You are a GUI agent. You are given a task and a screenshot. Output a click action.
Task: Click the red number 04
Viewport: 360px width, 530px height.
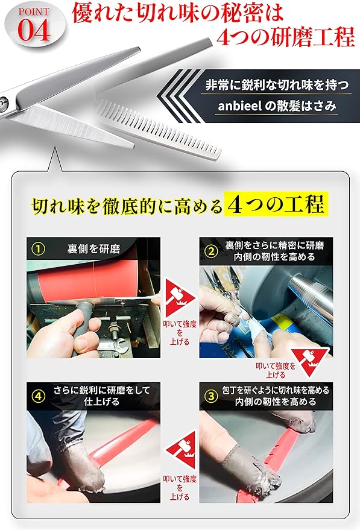[34, 30]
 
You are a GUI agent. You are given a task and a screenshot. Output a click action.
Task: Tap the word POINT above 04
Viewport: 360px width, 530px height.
[34, 12]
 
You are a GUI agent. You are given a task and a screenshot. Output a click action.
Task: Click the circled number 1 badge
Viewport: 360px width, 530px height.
[38, 249]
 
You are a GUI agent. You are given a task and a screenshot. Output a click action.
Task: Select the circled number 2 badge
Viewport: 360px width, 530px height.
[211, 251]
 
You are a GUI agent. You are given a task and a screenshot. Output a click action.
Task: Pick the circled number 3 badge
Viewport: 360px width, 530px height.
[211, 396]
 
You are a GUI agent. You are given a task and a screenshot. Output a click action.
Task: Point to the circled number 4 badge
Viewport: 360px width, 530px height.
[38, 396]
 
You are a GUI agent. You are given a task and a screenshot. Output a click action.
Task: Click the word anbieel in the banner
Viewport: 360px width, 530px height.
[239, 106]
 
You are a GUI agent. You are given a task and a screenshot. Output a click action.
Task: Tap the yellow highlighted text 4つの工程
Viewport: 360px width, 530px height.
[276, 204]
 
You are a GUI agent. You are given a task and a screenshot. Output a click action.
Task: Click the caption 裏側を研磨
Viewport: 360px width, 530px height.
[93, 249]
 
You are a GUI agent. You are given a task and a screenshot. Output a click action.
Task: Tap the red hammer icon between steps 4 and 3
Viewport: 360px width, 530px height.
[181, 450]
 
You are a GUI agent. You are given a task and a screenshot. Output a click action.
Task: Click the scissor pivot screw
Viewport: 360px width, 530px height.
[2, 102]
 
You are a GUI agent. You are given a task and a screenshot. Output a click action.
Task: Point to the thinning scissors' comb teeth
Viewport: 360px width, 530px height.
[159, 130]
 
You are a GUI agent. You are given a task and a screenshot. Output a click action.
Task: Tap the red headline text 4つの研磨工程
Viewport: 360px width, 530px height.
[286, 37]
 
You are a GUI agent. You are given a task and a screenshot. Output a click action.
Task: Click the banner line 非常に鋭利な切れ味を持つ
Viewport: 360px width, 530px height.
[277, 84]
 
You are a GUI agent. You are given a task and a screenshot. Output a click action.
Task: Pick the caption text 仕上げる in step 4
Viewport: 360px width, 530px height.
[101, 402]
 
